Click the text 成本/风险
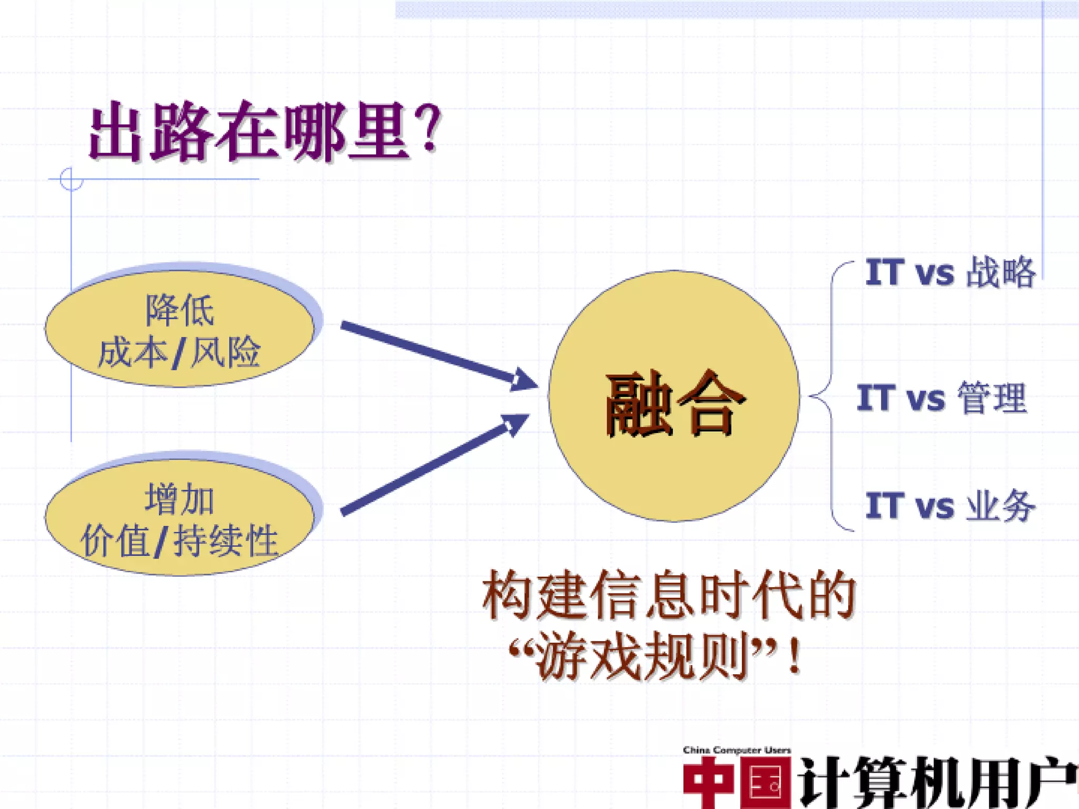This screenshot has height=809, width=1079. point(179,352)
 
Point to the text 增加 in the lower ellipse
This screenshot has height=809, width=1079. point(179,499)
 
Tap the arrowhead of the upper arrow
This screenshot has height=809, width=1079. point(523,380)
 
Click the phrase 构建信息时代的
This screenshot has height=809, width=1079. point(668,596)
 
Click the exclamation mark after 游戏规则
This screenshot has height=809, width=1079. point(794,656)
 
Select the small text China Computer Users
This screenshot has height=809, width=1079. point(737,750)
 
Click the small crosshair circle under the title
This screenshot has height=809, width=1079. point(71,179)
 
